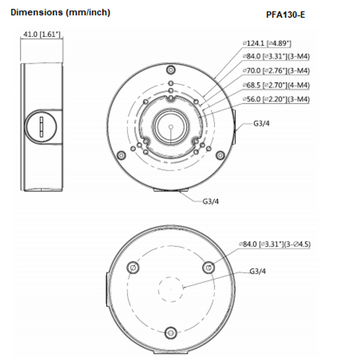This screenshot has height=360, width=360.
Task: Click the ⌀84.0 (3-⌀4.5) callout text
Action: click(x=290, y=243)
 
